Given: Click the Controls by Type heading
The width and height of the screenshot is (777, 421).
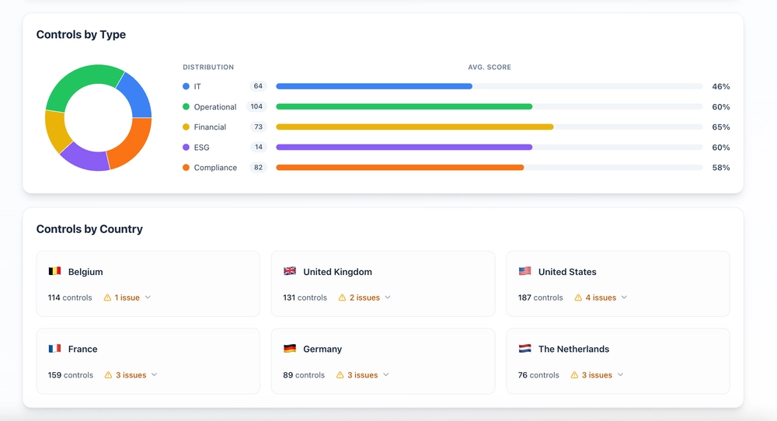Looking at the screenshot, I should pos(81,35).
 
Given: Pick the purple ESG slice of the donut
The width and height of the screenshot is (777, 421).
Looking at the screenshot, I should pos(84,156).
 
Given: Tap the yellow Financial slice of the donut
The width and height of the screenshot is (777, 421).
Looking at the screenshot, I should pos(55,130).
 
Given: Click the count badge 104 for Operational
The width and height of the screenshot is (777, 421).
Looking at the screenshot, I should pos(256,106).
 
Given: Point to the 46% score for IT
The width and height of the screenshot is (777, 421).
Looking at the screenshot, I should pos(720,87).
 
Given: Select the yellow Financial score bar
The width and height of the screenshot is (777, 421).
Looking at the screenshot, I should pos(414,127).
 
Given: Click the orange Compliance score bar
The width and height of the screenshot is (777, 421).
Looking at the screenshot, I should pos(399,167).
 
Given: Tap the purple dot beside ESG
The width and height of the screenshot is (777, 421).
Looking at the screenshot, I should pos(186,147).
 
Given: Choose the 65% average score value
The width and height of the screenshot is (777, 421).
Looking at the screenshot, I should pos(720,127).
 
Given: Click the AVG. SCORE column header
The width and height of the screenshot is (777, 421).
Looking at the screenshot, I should pos(489,68).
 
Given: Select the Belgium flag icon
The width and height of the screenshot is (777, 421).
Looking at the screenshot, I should pos(54,272).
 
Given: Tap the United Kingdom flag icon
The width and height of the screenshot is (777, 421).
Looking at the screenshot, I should pos(290,272).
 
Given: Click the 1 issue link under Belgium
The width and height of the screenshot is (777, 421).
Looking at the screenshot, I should pos(127,297).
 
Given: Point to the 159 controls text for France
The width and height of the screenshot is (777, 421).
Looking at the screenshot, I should pos(70,375).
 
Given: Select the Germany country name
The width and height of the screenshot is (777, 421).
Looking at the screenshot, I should pos(322,350).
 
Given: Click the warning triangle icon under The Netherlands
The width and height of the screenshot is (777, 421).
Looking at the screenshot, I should pos(574,375).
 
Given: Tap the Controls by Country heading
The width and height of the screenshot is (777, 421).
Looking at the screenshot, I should pos(89,229).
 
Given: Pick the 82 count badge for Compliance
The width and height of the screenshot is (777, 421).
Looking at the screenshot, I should pos(256,167).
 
